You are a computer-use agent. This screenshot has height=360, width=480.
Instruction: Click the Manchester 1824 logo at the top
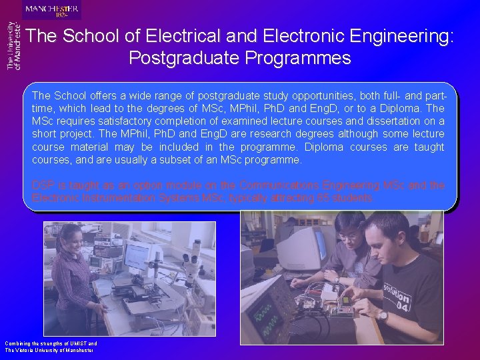pyautogui.click(x=52, y=10)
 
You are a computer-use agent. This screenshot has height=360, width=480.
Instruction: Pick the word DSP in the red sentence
pyautogui.click(x=42, y=185)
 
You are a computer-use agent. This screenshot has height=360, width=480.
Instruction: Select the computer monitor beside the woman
pyautogui.click(x=137, y=256)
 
